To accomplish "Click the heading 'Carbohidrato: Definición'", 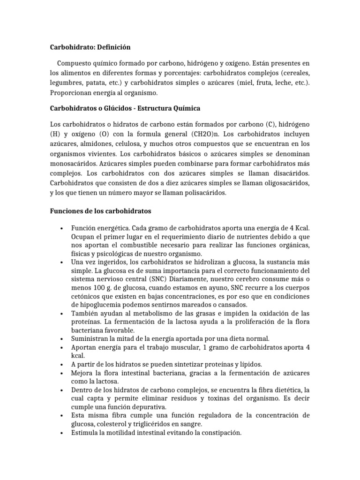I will click(90, 47).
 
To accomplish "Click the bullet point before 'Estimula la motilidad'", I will click(62, 433).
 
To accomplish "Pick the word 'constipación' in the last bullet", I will click(220, 433).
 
